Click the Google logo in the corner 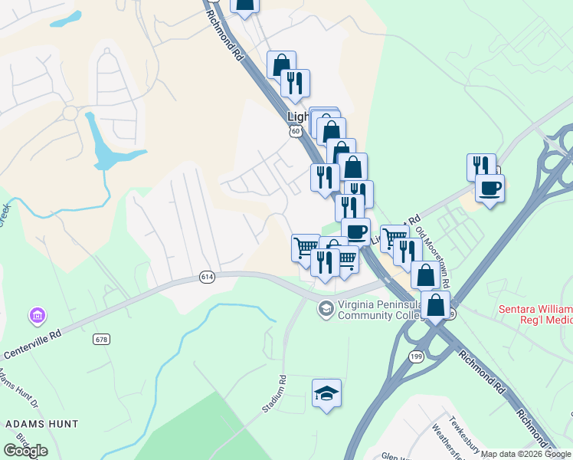point(25,451)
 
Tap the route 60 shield point(296,132)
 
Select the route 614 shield point(207,277)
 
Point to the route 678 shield point(102,338)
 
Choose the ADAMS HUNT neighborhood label point(41,423)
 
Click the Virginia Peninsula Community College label point(375,309)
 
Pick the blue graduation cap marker point(327,393)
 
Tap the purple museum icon point(36,315)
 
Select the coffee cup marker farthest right point(490,187)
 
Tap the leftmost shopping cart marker point(306,246)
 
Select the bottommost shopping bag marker point(435,304)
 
